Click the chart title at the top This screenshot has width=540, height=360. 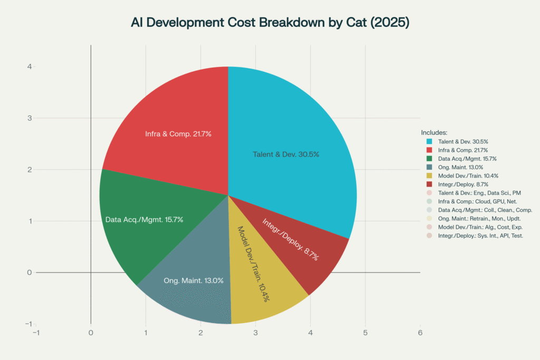pyautogui.click(x=270, y=24)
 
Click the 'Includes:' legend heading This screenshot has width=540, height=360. pyautogui.click(x=434, y=132)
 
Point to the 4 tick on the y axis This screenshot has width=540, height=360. pyautogui.click(x=30, y=66)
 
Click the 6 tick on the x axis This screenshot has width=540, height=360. pyautogui.click(x=420, y=333)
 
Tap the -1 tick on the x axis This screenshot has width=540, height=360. pyautogui.click(x=36, y=333)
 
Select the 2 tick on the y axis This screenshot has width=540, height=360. pyautogui.click(x=30, y=170)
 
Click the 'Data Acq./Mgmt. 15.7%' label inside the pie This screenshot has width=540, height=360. pyautogui.click(x=144, y=219)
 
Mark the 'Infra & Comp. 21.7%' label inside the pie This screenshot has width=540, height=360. pyautogui.click(x=178, y=134)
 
